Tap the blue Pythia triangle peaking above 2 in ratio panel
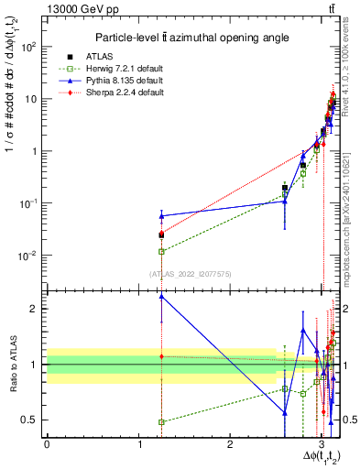(x=161, y=296)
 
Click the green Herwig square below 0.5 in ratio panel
(x=161, y=422)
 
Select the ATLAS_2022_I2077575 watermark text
(x=190, y=273)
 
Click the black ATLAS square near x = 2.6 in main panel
(x=285, y=188)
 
